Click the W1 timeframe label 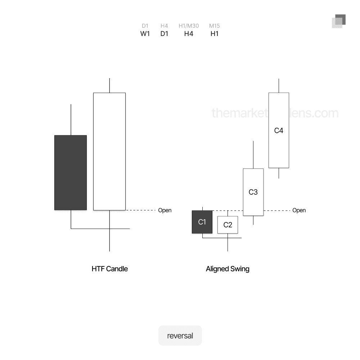(x=145, y=34)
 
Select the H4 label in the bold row (x=189, y=34)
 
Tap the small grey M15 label (x=215, y=26)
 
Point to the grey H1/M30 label (x=189, y=26)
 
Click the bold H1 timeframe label (x=215, y=34)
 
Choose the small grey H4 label (x=164, y=26)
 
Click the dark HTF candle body (x=71, y=172)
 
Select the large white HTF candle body (x=109, y=151)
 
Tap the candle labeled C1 (x=202, y=222)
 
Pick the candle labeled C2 (x=228, y=225)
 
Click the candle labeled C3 (x=253, y=192)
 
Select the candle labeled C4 (x=279, y=130)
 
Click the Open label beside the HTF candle (x=165, y=210)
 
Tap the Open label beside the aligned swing (x=299, y=210)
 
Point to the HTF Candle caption (x=109, y=269)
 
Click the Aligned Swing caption (x=228, y=269)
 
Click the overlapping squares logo (x=338, y=21)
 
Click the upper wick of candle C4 (x=279, y=86)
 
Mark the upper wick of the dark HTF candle (x=71, y=120)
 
